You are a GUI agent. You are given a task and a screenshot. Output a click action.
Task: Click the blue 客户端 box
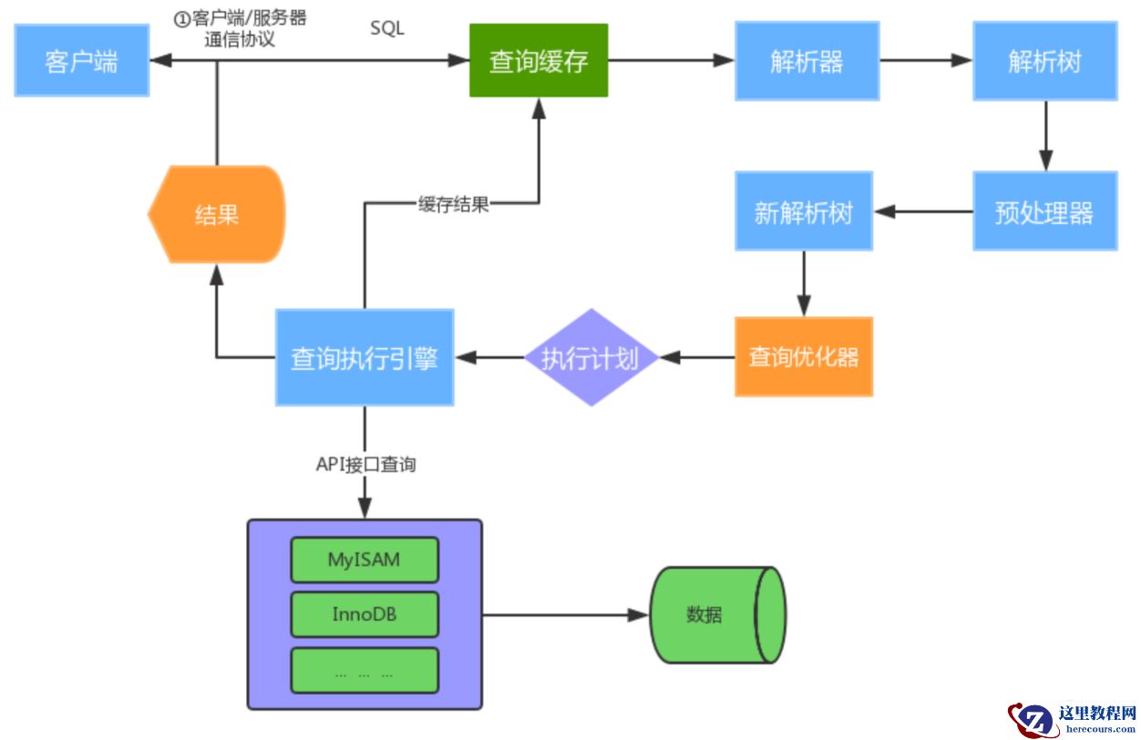[81, 61]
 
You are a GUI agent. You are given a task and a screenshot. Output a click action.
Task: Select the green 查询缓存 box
[539, 61]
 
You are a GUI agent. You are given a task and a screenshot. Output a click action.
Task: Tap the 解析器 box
[807, 61]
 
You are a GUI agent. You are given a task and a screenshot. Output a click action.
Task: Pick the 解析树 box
[1044, 61]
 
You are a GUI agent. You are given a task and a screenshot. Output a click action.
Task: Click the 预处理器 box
[1044, 211]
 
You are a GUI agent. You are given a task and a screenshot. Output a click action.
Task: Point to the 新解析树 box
[804, 211]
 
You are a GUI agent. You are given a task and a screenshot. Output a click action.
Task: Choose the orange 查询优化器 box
[804, 356]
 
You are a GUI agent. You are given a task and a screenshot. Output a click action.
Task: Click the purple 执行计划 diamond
[591, 357]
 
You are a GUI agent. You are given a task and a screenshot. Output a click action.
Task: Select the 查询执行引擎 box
[365, 357]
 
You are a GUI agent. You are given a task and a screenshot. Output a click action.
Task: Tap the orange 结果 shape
[217, 214]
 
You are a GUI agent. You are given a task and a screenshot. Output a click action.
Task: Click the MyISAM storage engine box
[365, 560]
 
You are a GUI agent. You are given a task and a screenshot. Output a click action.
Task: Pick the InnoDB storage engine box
[365, 615]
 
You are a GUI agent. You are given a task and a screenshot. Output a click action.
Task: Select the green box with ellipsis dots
[365, 671]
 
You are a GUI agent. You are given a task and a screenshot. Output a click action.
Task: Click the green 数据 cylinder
[716, 615]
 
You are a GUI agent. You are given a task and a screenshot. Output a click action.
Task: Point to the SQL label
[387, 29]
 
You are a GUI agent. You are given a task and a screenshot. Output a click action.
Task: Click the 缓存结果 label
[454, 204]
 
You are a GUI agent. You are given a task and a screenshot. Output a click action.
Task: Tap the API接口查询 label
[365, 465]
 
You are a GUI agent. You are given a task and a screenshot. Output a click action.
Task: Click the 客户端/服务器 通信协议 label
[241, 29]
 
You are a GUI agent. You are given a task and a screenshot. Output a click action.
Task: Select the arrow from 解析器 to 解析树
[925, 60]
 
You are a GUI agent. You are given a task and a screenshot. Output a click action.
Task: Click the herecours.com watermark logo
[1074, 719]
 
